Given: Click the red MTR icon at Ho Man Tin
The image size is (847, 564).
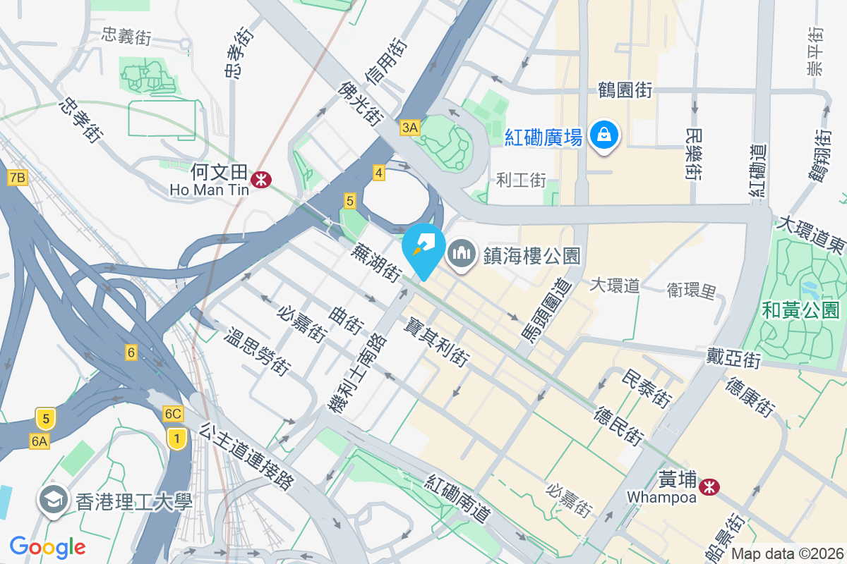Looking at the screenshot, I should tap(261, 180).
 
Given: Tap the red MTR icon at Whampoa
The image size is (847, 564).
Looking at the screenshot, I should tap(709, 486).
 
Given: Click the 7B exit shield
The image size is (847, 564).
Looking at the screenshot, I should tap(17, 178).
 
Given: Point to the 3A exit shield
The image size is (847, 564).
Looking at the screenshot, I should tap(409, 128).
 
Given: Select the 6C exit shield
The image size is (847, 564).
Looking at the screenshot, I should tap(172, 414).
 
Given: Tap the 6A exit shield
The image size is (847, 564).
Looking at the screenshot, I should tap(40, 441).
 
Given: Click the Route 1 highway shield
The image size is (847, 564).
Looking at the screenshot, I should tap(176, 439).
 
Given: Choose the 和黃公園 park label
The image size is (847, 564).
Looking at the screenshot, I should tap(800, 309).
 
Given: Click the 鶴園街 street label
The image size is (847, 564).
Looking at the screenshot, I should tap(624, 90).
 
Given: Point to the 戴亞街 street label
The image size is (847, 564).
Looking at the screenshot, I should tap(733, 358).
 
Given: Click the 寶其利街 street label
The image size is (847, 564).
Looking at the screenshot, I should tap(436, 341).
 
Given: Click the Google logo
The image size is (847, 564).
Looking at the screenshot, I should tap(47, 546).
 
